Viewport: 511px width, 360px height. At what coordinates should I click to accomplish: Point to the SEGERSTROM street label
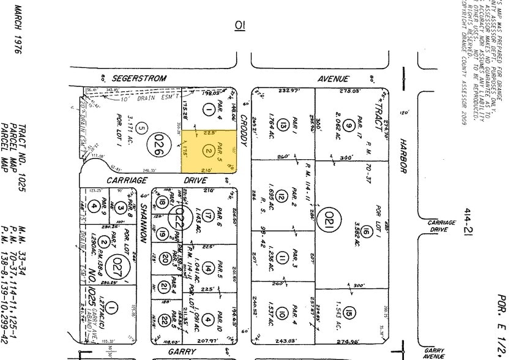click(x=136, y=79)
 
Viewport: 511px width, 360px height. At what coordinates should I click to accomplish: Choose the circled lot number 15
click(x=348, y=311)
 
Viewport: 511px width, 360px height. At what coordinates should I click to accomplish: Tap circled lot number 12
click(x=282, y=197)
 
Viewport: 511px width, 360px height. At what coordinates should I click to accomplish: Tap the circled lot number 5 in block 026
click(x=142, y=128)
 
